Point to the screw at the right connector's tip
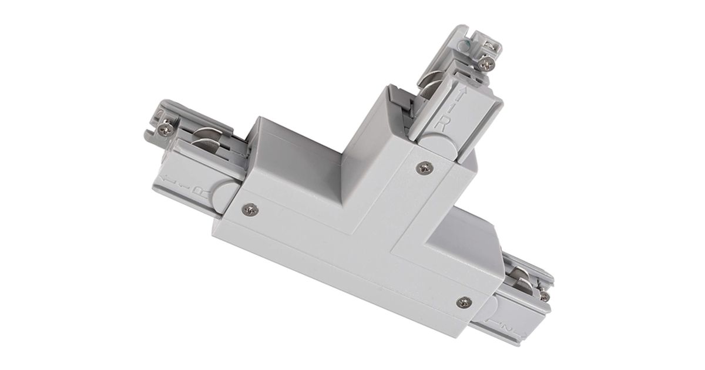pos(545,296)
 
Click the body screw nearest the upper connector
pos(422,169)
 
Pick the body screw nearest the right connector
pos(464,302)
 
